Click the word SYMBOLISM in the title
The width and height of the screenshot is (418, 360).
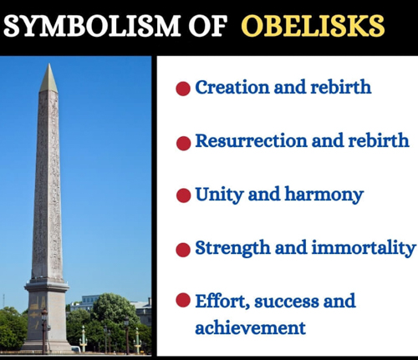[x=92, y=26]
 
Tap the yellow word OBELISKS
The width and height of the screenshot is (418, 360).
[x=313, y=26]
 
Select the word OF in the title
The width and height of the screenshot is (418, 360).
[x=207, y=26]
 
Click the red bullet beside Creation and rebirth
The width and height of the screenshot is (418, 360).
[x=183, y=89]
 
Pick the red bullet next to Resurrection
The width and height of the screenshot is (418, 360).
[x=183, y=143]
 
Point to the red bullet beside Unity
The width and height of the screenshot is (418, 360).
[x=183, y=195]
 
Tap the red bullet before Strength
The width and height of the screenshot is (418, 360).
[x=183, y=250]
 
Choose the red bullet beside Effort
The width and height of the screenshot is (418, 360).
[x=183, y=300]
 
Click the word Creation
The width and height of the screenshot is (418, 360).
[x=232, y=87]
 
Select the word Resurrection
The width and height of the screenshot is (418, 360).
[x=251, y=140]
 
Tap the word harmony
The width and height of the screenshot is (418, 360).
[x=324, y=195]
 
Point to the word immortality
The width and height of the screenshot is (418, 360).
[x=364, y=248]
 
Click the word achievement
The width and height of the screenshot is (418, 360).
[x=250, y=327]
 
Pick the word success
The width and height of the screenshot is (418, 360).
[x=286, y=302]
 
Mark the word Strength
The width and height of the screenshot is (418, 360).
[x=232, y=248]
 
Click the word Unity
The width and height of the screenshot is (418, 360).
[x=219, y=195]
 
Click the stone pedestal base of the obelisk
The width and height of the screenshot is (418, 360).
[x=47, y=316]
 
